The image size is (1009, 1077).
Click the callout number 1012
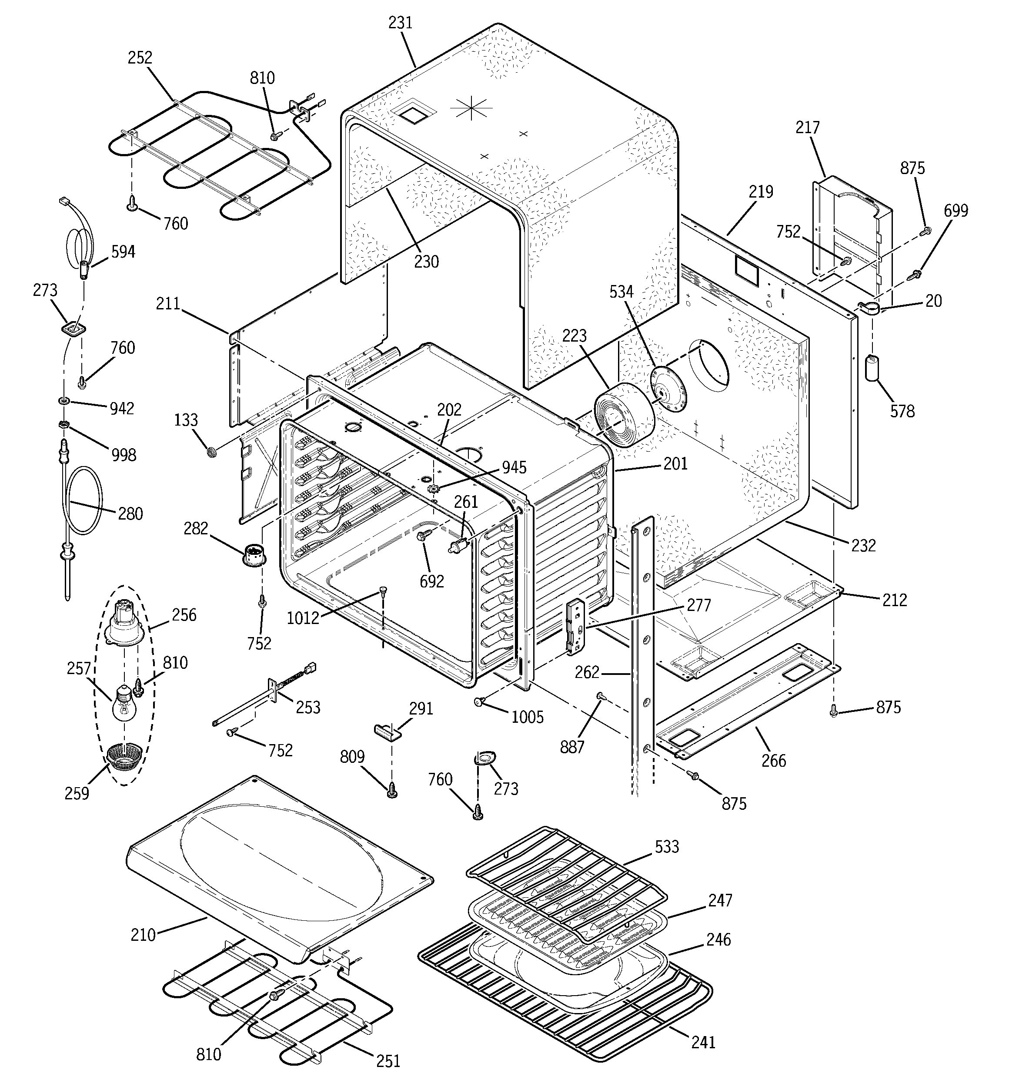tap(303, 617)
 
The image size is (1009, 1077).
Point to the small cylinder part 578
tap(872, 368)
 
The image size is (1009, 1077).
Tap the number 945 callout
tap(514, 467)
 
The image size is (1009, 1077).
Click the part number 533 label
tap(667, 846)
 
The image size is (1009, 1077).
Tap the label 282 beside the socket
tap(196, 528)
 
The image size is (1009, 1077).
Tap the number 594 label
tap(123, 252)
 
